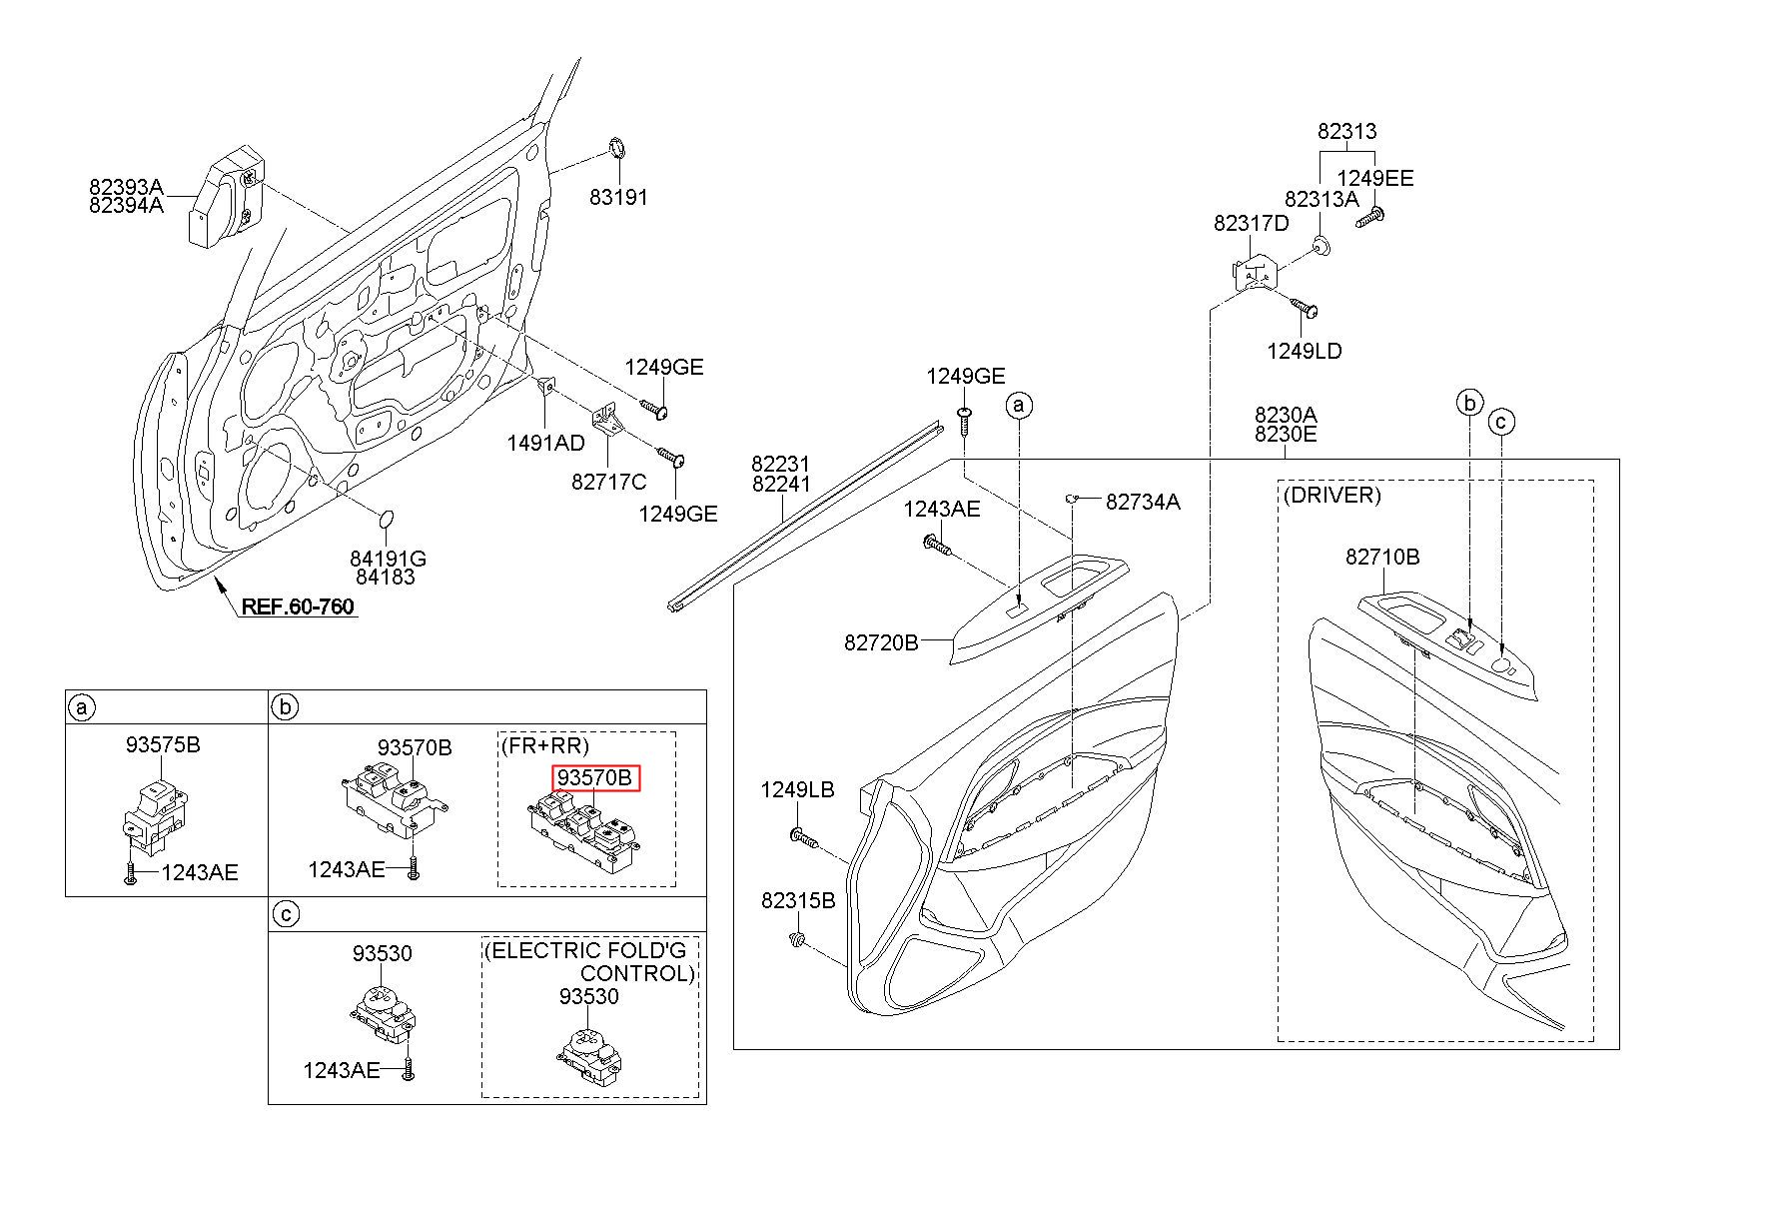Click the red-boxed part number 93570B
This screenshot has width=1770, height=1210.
(595, 777)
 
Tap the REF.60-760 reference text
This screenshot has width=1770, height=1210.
(297, 606)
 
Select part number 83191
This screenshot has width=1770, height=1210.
(618, 197)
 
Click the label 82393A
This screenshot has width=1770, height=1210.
(125, 187)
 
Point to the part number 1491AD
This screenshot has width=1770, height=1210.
(545, 443)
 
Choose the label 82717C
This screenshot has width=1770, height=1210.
(609, 482)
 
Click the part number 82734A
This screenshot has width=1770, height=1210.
(1143, 502)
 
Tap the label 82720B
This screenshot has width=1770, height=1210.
(881, 642)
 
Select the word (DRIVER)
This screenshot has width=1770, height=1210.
(1332, 496)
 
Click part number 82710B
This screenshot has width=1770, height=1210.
(1382, 558)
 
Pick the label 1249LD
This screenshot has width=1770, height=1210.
(1305, 352)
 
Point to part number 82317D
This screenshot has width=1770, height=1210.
(1252, 224)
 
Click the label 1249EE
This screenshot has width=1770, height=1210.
(1375, 178)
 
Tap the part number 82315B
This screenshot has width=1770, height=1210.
(798, 900)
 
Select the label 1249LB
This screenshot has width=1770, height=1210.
(797, 790)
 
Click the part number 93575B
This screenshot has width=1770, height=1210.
(163, 744)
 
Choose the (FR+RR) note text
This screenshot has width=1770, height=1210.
(544, 745)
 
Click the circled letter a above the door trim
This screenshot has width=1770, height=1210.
(1019, 405)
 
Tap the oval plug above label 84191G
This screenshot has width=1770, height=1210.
(387, 520)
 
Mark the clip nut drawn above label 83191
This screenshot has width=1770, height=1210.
(618, 150)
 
